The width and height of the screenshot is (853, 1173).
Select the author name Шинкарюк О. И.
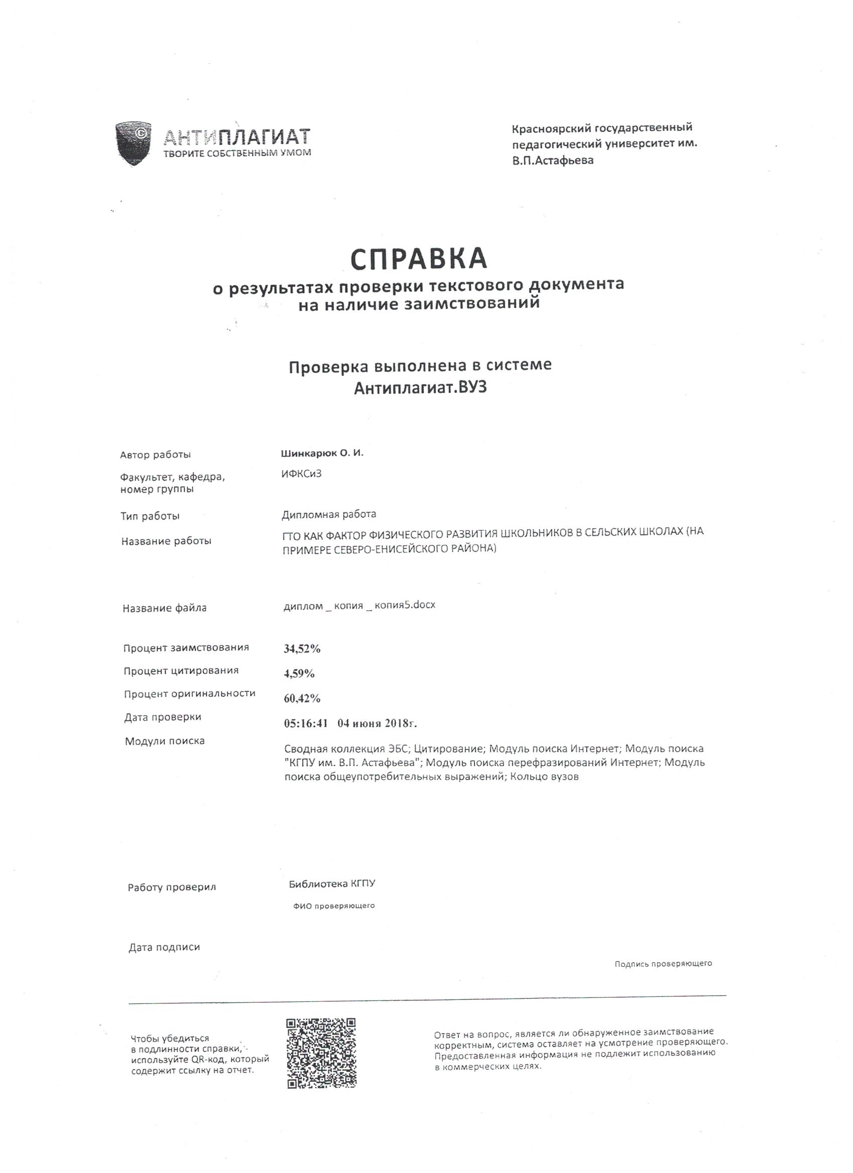[322, 453]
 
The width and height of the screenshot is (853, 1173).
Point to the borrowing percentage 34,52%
[302, 649]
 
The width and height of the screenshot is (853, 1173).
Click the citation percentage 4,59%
[299, 673]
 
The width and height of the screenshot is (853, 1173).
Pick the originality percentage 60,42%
[302, 698]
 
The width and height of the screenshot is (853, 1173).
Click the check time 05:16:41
[306, 723]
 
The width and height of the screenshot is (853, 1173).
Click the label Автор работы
[155, 455]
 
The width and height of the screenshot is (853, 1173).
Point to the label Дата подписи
[164, 947]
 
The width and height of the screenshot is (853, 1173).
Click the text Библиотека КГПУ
[332, 884]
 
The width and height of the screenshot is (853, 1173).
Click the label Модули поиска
[165, 741]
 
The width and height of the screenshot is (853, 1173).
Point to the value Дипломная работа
[329, 514]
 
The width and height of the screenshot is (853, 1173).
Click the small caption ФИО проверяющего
[334, 906]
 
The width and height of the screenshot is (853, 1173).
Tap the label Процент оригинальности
[189, 693]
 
